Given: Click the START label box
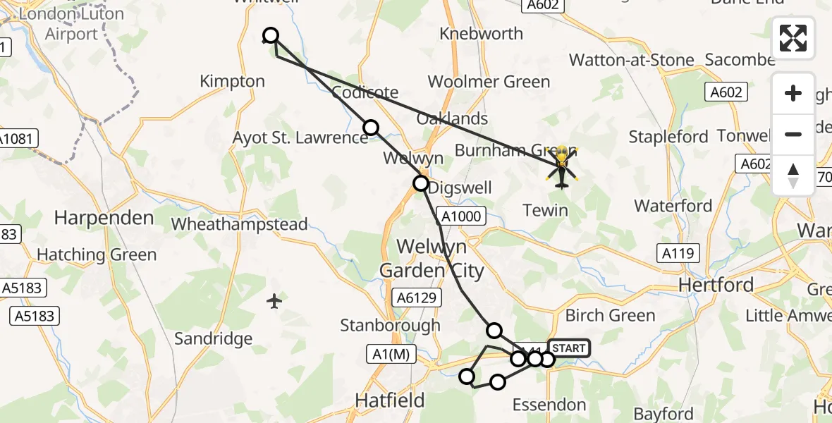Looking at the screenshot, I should (568, 348).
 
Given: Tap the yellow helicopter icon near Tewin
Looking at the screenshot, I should (561, 167).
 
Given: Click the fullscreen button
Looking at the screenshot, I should (793, 37).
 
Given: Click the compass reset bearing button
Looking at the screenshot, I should (793, 176).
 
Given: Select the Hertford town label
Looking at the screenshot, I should (716, 285).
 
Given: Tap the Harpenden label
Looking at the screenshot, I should (104, 218).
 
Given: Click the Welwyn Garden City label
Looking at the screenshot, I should (432, 258).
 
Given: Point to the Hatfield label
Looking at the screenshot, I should (390, 400).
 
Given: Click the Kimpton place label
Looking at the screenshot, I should (232, 81).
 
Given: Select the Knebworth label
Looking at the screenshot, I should (481, 33).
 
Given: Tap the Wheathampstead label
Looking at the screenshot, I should (240, 224).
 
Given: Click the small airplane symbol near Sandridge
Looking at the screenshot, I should (275, 302).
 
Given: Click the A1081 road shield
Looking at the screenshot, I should (17, 139).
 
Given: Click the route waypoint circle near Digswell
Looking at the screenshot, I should (420, 184).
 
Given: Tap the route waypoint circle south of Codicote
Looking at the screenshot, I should (371, 127).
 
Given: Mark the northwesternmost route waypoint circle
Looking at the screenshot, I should (271, 35).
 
